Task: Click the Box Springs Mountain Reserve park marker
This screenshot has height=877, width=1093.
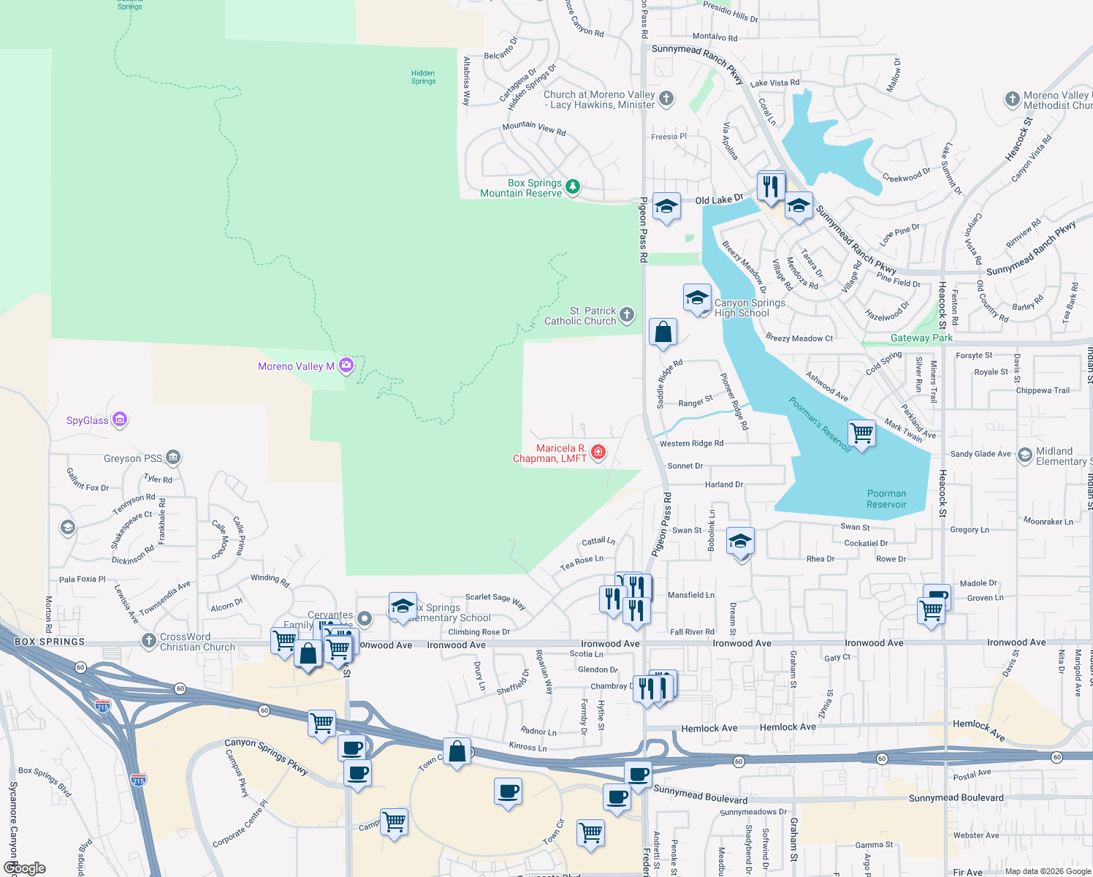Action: (x=573, y=187)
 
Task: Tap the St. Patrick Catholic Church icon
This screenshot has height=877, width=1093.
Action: (x=627, y=315)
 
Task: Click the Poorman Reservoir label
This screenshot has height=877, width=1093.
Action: (x=886, y=499)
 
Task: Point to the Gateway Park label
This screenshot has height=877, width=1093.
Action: (x=921, y=338)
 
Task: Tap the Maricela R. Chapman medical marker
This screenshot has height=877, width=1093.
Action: (x=598, y=452)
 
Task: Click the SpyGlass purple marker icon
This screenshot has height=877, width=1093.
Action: (x=120, y=419)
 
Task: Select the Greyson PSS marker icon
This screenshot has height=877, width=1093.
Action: (x=172, y=458)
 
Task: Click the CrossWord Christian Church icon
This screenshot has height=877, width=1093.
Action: (x=149, y=641)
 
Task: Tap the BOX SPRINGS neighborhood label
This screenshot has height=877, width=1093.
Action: (x=50, y=642)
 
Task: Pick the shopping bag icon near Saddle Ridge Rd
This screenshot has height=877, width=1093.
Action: (x=663, y=332)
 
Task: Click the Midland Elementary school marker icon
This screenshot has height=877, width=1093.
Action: (x=1024, y=455)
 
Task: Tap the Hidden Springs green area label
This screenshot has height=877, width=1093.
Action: (x=423, y=77)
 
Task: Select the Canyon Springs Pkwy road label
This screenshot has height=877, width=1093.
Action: (x=266, y=755)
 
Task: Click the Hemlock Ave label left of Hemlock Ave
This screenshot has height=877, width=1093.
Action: (x=709, y=728)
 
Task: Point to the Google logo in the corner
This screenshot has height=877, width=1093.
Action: (x=24, y=867)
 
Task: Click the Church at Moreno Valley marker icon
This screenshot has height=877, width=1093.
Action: (x=666, y=99)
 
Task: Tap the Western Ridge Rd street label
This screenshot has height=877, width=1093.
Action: (x=691, y=444)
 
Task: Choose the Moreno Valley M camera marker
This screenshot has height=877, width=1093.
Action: (x=346, y=365)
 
